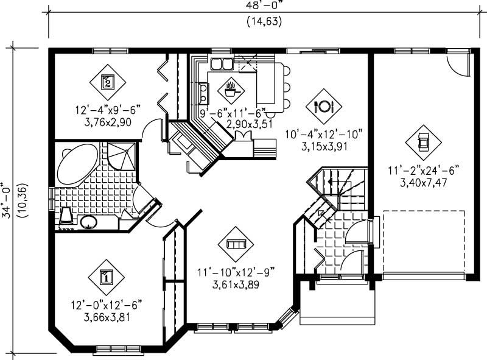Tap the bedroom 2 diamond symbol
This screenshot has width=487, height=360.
click(x=107, y=82)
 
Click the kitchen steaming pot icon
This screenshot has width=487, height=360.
click(x=231, y=90)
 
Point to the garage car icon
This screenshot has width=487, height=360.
click(x=423, y=143)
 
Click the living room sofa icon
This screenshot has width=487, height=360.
click(x=236, y=244)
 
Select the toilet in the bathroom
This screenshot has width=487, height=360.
click(x=66, y=216)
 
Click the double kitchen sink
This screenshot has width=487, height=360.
click(x=220, y=63)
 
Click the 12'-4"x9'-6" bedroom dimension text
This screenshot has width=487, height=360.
click(x=108, y=110)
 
